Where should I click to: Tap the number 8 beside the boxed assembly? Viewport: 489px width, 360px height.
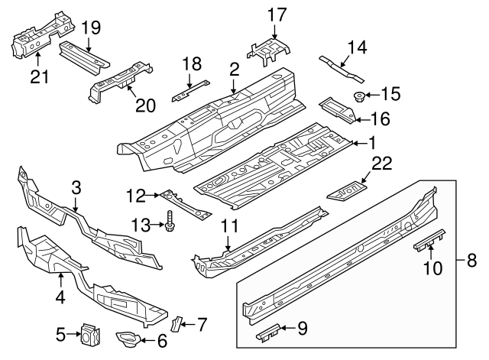(471, 261)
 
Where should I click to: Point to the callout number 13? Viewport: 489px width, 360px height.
(140, 224)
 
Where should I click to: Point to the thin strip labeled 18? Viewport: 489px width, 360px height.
(189, 91)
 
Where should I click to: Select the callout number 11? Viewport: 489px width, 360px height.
(229, 225)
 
